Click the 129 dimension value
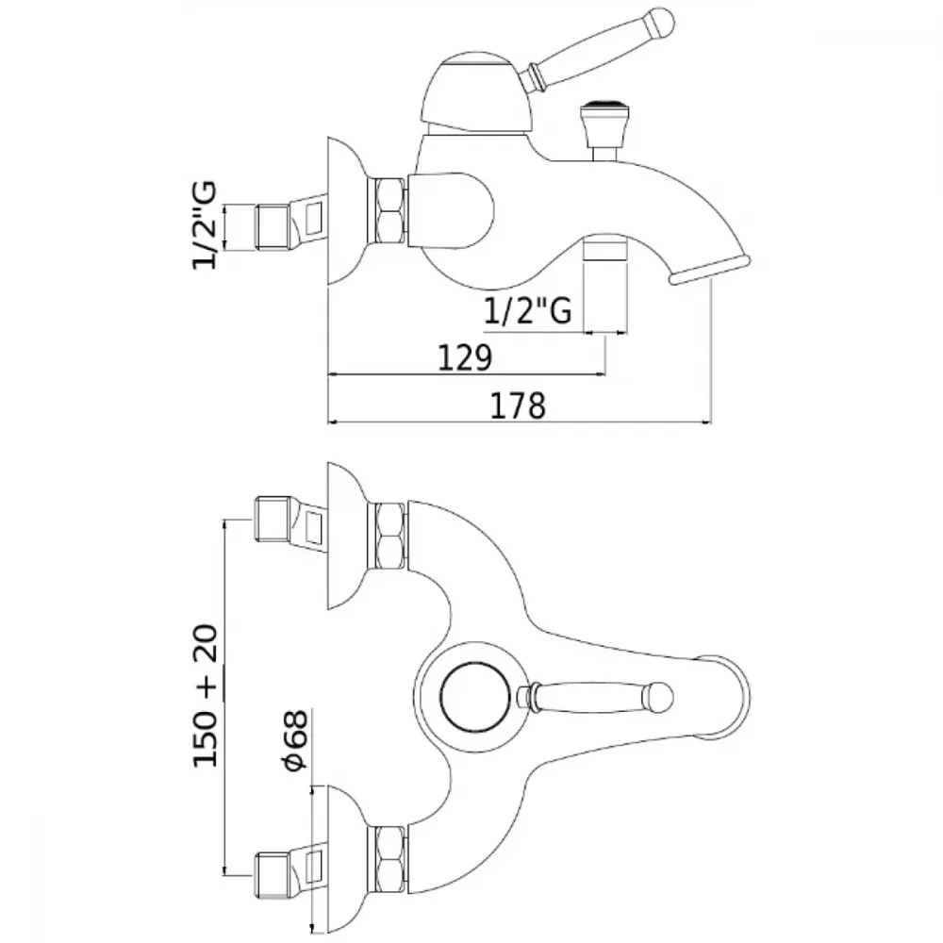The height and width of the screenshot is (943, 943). click(464, 357)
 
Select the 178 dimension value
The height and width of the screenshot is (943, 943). click(518, 405)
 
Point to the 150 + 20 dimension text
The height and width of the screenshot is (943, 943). click(205, 696)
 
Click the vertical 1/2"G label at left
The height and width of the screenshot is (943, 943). click(205, 225)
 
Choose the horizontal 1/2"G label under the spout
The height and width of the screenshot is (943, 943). click(528, 311)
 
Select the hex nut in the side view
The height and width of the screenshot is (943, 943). click(389, 211)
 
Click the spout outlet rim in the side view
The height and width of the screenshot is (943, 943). click(710, 269)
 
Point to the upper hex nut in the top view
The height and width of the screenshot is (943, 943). click(389, 537)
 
